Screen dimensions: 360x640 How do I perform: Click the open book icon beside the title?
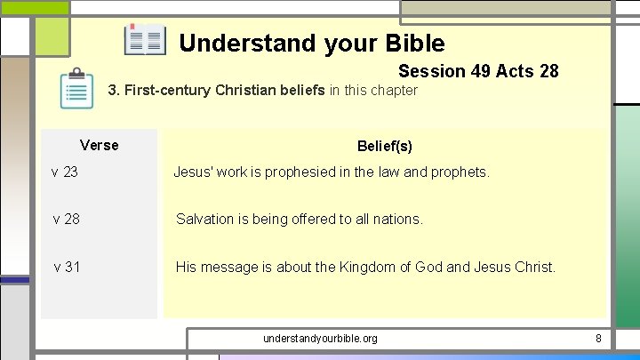click(x=145, y=41)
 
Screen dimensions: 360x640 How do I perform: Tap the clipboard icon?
click(x=76, y=88)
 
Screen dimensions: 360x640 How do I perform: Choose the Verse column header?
click(x=99, y=145)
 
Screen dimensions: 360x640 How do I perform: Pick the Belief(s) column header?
click(x=385, y=146)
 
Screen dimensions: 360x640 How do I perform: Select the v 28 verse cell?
click(x=67, y=219)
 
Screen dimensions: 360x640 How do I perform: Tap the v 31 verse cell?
click(x=67, y=266)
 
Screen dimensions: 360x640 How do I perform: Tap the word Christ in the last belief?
click(x=534, y=266)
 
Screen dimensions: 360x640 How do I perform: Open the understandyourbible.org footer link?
click(x=320, y=339)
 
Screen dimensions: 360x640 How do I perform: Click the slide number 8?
click(x=598, y=339)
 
